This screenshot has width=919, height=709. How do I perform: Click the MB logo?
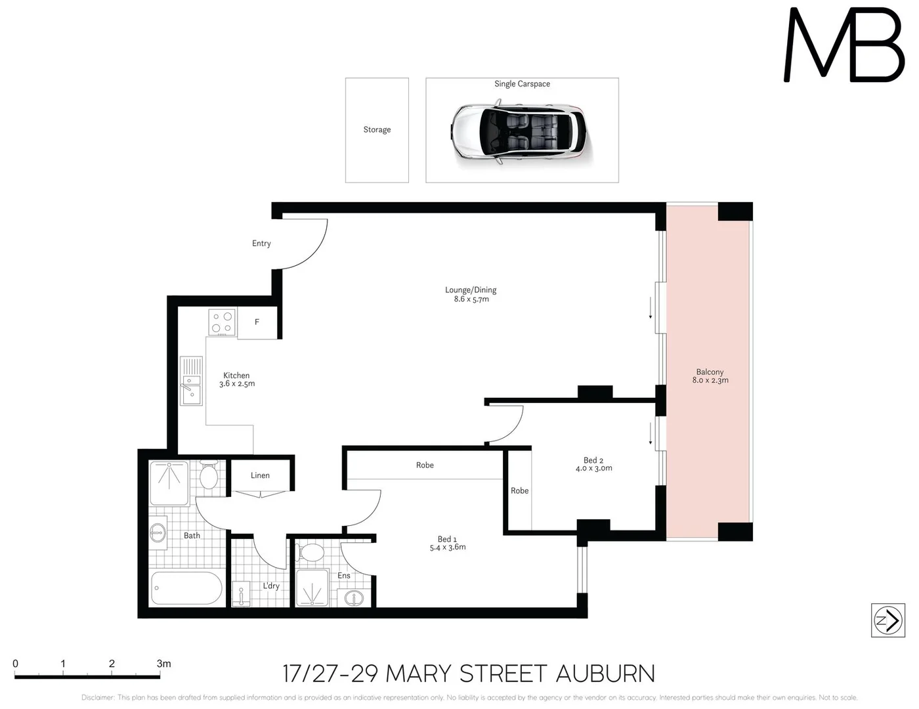pos(844,46)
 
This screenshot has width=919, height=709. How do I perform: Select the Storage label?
pos(377,130)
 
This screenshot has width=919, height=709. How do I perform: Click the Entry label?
pos(261,244)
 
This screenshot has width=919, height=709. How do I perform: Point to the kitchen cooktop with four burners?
pos(222,322)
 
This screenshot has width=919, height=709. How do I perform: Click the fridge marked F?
pos(257,322)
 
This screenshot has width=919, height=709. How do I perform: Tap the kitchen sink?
pos(191,381)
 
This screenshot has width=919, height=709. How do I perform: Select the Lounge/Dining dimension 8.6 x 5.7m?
pos(471,299)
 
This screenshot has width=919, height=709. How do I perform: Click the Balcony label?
pos(710,372)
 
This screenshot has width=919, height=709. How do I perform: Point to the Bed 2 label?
pos(593,460)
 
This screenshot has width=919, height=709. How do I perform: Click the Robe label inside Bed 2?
pos(519,491)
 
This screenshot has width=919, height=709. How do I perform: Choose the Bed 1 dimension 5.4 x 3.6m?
pos(448,548)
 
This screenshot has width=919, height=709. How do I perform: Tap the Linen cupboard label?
pos(260,475)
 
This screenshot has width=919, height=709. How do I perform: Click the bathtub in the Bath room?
pos(186,588)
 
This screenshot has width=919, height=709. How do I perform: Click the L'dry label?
pos(271,586)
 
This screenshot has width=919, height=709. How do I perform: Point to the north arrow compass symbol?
pos(887,620)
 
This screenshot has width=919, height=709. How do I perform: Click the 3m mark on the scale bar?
pos(163,664)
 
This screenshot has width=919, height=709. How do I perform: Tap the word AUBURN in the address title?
pos(605,674)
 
